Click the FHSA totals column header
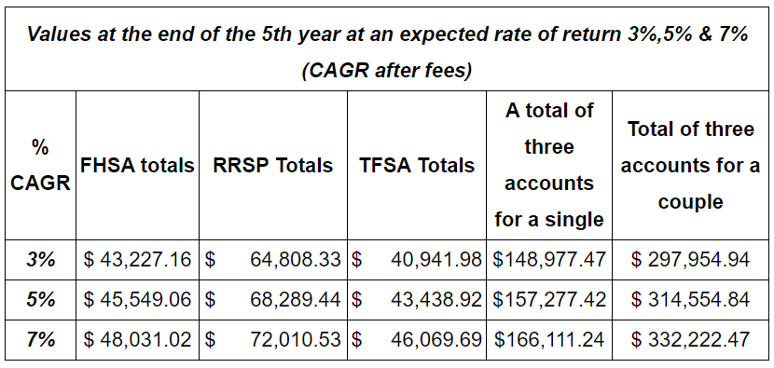click(138, 166)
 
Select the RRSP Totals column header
click(273, 166)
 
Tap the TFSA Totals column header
click(417, 166)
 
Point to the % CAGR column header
click(41, 166)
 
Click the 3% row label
click(40, 260)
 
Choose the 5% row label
click(40, 300)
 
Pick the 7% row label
click(40, 340)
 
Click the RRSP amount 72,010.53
click(296, 340)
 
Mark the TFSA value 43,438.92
click(435, 300)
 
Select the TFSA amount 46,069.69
click(435, 340)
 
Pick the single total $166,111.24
click(549, 340)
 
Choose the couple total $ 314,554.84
click(691, 300)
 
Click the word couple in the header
click(691, 202)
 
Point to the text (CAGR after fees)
click(387, 72)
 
